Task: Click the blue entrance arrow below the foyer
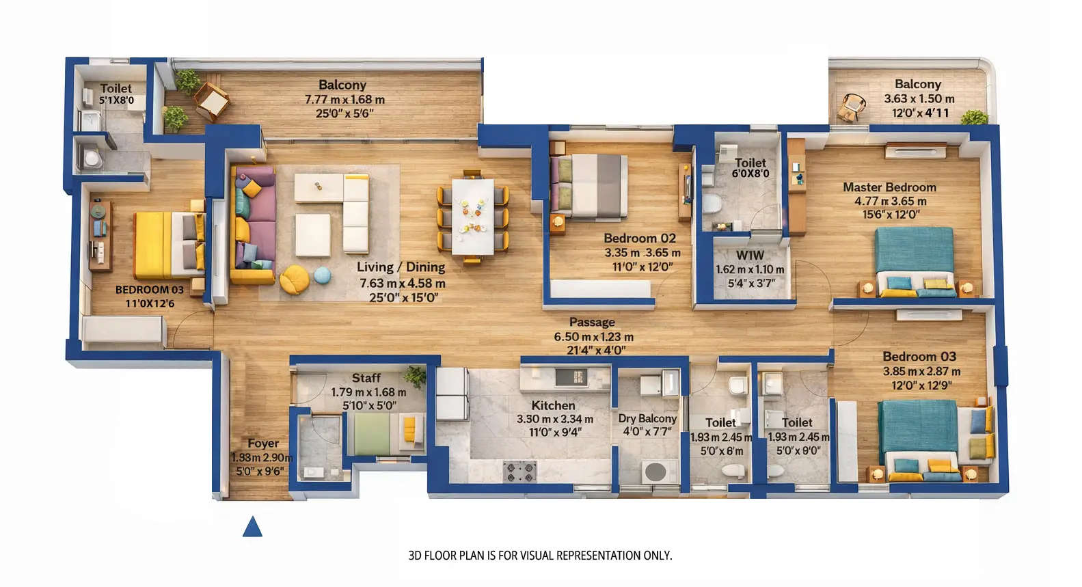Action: [252, 527]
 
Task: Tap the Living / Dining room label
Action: [401, 267]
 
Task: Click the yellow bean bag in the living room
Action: [295, 279]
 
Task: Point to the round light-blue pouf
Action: [322, 275]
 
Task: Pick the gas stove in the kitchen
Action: [519, 472]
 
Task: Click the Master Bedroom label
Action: [889, 187]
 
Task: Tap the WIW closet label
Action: [749, 256]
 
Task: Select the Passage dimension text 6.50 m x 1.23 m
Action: [593, 337]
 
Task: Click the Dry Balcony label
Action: [647, 418]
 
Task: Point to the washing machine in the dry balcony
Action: [658, 472]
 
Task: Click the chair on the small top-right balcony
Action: [852, 107]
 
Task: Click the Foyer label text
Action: [262, 443]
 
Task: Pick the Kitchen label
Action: [553, 405]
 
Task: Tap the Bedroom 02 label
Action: [639, 238]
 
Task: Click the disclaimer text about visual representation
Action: [540, 556]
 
